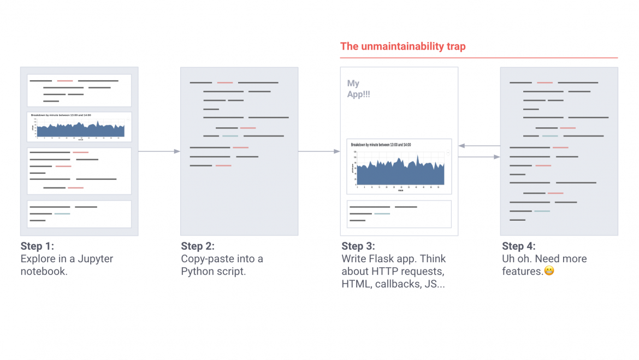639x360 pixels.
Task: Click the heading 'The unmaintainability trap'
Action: pyautogui.click(x=403, y=46)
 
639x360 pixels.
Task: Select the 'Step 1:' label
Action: pyautogui.click(x=37, y=246)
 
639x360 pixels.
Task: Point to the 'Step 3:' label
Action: pyautogui.click(x=358, y=246)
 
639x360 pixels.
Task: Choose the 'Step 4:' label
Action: pyautogui.click(x=519, y=246)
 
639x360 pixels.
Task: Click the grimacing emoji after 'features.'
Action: pyautogui.click(x=549, y=270)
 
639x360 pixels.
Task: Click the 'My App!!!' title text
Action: pyautogui.click(x=358, y=88)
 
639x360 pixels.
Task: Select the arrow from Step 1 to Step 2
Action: pyautogui.click(x=159, y=151)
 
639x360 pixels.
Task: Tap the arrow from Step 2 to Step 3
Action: pyautogui.click(x=319, y=151)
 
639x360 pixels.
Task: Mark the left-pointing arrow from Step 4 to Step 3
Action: pyautogui.click(x=479, y=146)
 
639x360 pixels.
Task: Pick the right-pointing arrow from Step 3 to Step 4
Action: pyautogui.click(x=479, y=157)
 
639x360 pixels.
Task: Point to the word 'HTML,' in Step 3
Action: pyautogui.click(x=356, y=284)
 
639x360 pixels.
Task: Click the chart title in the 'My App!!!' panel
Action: pyautogui.click(x=381, y=145)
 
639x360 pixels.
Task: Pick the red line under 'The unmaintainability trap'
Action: pyautogui.click(x=478, y=57)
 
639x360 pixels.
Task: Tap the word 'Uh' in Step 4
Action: pyautogui.click(x=509, y=258)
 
